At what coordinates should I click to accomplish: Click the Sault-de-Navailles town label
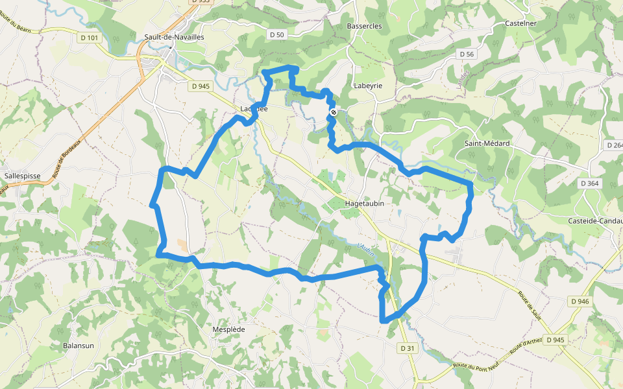pos(175,38)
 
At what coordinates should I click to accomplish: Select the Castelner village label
pos(521,23)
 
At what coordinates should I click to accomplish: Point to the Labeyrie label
pos(368,86)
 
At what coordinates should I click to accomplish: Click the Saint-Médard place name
pos(487,143)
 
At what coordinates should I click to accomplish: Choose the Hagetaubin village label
pos(365,203)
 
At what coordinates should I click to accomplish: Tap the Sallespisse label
pos(23,175)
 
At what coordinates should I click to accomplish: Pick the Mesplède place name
pos(228,329)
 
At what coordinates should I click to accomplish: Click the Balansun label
pos(79,346)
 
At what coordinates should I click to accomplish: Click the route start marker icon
pos(334,112)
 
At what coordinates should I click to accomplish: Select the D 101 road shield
pos(90,38)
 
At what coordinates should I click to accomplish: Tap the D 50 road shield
pos(276,34)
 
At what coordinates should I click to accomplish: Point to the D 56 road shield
pos(467,54)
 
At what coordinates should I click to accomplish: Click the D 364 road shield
pos(590,183)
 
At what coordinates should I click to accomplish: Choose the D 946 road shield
pos(580,301)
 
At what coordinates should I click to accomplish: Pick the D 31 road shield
pos(407,348)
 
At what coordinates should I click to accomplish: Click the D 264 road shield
pos(613,145)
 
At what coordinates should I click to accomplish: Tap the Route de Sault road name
pos(529,305)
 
